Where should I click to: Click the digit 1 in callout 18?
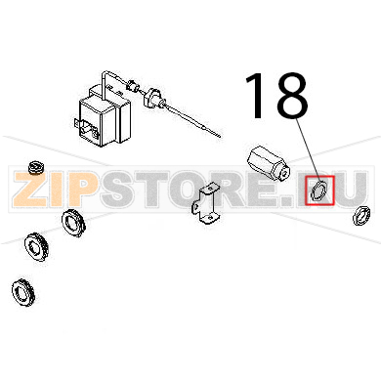[x=256, y=95]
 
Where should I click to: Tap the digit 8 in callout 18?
[x=291, y=95]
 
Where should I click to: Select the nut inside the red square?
[x=318, y=191]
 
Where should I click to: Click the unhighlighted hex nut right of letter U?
[x=361, y=215]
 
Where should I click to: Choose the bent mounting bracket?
[x=205, y=204]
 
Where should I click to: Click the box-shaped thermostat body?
[x=103, y=114]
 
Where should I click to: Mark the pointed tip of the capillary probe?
[x=221, y=137]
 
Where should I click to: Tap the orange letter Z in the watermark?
[x=28, y=189]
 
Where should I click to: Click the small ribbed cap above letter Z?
[x=36, y=167]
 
